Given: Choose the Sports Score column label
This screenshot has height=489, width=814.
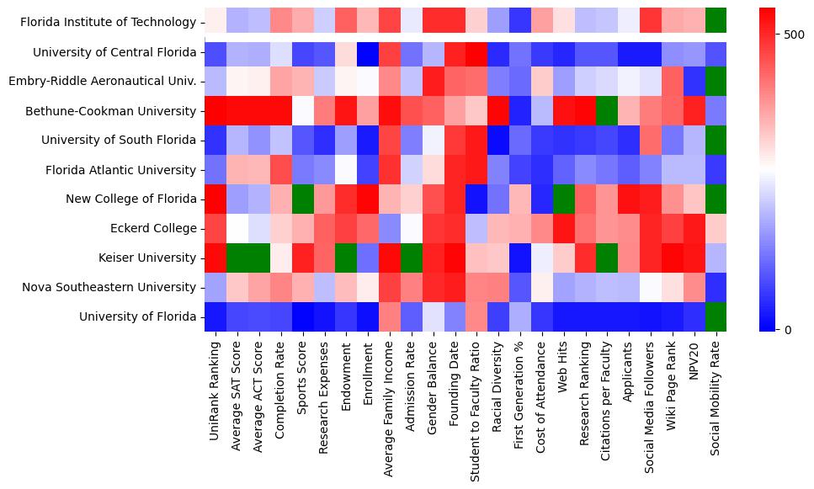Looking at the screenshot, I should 303,382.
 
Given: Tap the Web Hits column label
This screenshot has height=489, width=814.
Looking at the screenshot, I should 562,375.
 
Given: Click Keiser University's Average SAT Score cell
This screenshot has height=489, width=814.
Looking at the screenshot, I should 237,258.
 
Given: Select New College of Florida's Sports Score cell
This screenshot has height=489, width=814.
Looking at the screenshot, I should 303,199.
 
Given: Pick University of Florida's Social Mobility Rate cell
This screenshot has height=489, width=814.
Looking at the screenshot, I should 716,316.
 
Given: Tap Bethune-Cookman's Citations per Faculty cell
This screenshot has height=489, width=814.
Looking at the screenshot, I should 606,111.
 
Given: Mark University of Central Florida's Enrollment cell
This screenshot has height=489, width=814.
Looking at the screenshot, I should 367,53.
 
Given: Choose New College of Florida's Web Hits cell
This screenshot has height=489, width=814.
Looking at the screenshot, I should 562,199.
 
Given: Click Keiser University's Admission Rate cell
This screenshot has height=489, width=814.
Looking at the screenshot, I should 411,258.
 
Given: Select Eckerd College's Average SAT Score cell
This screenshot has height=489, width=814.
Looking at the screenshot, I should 237,228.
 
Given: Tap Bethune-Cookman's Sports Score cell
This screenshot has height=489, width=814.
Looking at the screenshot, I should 303,111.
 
